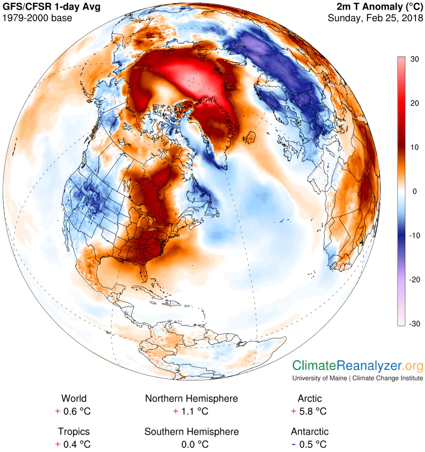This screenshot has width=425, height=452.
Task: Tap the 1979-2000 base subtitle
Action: (x=37, y=18)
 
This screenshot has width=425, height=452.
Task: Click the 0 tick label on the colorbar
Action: (x=414, y=191)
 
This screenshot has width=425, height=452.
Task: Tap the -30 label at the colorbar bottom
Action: (x=414, y=324)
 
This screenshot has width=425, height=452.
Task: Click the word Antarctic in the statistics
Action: (x=309, y=431)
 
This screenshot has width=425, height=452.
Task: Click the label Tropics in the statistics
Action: (x=73, y=431)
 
